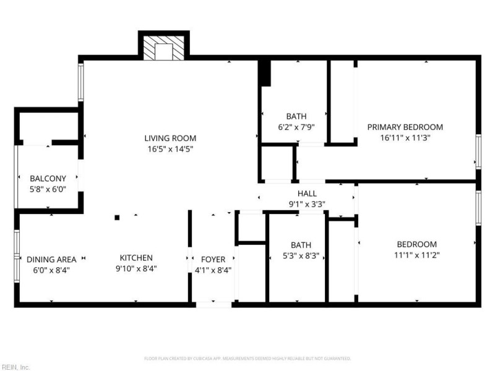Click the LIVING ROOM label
pyautogui.click(x=170, y=138)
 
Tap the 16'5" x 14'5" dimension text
pyautogui.click(x=170, y=149)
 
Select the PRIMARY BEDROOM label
pyautogui.click(x=405, y=127)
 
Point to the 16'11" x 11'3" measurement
pyautogui.click(x=405, y=138)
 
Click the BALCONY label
pyautogui.click(x=48, y=179)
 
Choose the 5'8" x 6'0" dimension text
pyautogui.click(x=48, y=190)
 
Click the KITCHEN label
pyautogui.click(x=136, y=258)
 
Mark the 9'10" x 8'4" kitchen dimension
pyautogui.click(x=136, y=269)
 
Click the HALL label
pyautogui.click(x=308, y=194)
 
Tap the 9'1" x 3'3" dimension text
pyautogui.click(x=308, y=204)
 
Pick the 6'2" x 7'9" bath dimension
pyautogui.click(x=296, y=127)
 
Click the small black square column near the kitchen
pyautogui.click(x=116, y=217)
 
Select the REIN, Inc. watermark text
pyautogui.click(x=15, y=367)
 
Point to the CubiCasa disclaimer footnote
pyautogui.click(x=247, y=358)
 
